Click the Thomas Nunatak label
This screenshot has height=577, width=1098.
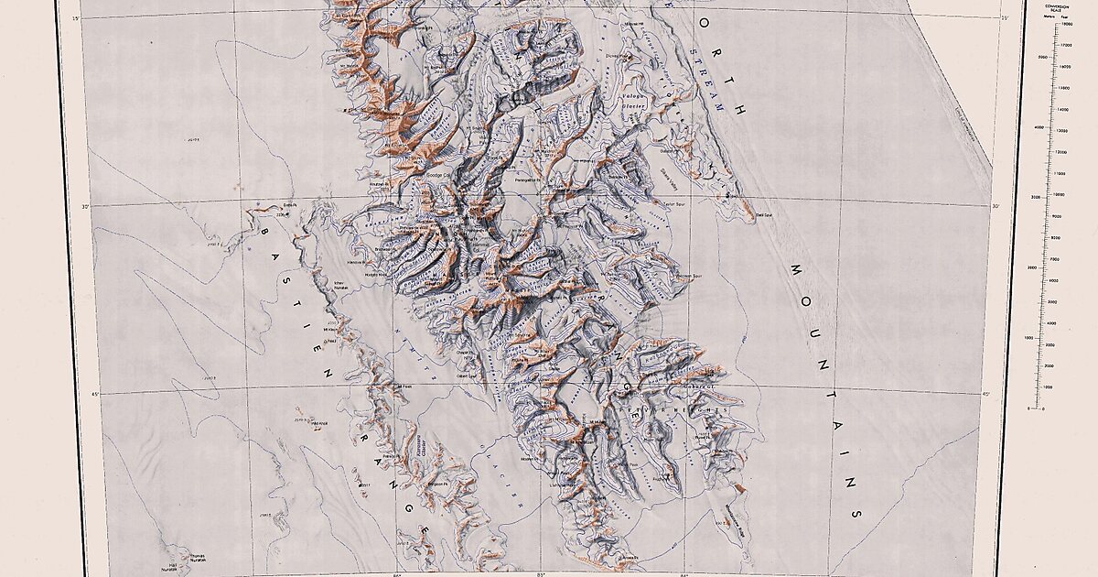(x=197, y=556)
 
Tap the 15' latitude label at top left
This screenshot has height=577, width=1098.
(x=76, y=17)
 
